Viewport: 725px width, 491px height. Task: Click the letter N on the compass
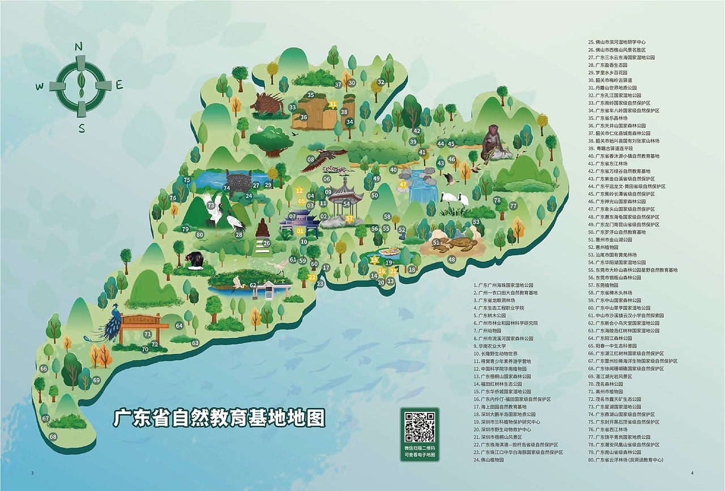79,46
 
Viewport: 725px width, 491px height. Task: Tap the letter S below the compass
82,128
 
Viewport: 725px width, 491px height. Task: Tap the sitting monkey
491,144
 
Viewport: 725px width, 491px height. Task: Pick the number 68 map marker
53,437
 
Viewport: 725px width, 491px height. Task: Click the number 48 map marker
451,260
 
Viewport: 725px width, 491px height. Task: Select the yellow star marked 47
403,184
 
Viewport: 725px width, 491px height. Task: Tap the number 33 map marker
292,107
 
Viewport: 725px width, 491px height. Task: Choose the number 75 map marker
187,180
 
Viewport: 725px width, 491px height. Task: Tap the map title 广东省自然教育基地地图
220,419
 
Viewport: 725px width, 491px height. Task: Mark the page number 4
692,473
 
